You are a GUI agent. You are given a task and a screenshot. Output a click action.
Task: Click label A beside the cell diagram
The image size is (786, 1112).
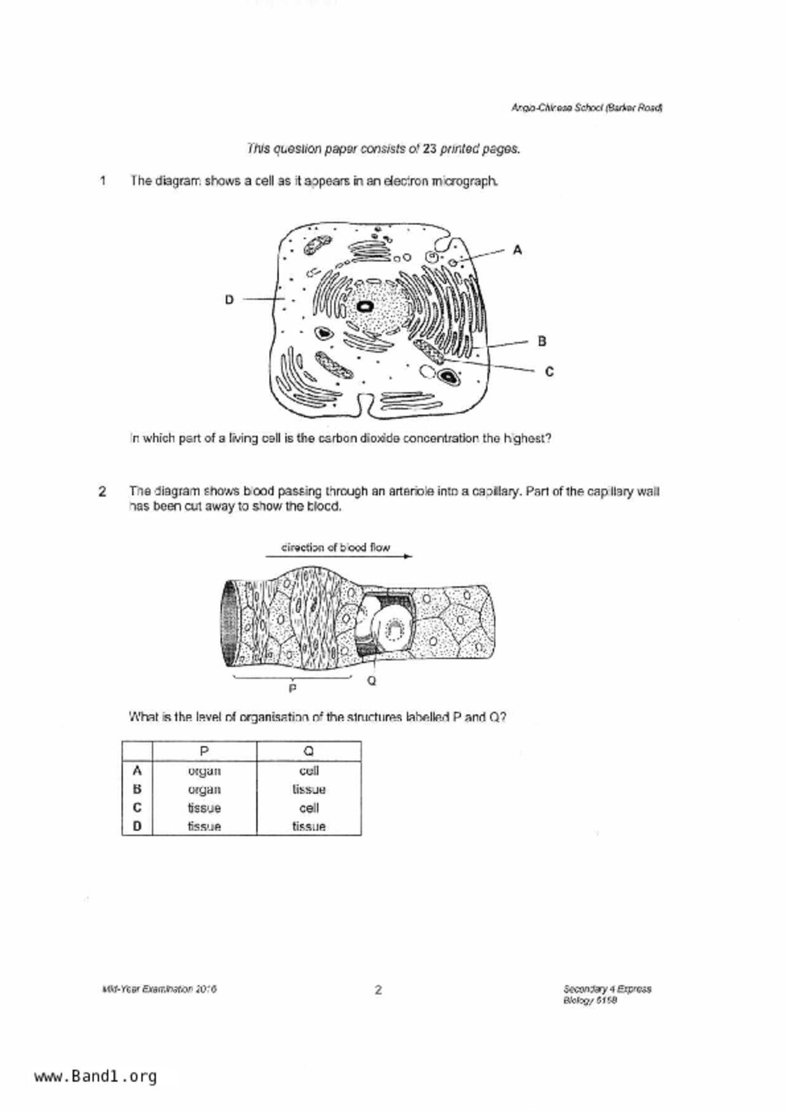tap(517, 250)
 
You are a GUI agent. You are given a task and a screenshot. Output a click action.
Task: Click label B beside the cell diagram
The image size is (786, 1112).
tap(542, 341)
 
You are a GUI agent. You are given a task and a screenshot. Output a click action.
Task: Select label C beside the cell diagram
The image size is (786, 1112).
tap(549, 372)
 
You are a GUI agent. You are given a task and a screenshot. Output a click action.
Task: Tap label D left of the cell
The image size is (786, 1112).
tap(229, 299)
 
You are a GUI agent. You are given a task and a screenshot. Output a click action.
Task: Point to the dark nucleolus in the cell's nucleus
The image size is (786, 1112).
tap(365, 307)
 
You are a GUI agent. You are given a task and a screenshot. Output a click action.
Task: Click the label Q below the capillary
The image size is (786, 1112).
tap(372, 681)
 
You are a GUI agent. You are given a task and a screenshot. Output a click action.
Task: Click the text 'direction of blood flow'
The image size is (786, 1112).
tap(336, 546)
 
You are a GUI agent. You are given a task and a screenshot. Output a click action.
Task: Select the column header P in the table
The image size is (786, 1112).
tap(204, 751)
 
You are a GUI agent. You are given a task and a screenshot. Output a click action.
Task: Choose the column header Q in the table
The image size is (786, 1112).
tap(309, 751)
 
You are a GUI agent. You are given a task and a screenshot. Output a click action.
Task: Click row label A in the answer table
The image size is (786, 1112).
tap(137, 771)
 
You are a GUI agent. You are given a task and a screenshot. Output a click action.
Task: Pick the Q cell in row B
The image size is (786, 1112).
tap(309, 789)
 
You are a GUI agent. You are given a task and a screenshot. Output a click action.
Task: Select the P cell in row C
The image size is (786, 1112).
tap(204, 808)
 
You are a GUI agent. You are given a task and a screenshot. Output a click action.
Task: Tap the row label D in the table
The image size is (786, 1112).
tap(137, 826)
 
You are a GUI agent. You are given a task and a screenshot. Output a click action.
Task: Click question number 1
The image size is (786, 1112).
tap(102, 181)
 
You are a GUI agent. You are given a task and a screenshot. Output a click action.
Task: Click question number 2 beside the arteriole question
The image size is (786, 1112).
tap(102, 491)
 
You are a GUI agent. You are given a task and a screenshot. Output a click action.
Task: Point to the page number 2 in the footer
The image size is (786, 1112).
tap(378, 990)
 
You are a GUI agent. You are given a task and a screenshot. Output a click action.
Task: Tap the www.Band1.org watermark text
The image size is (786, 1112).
tap(96, 1076)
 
